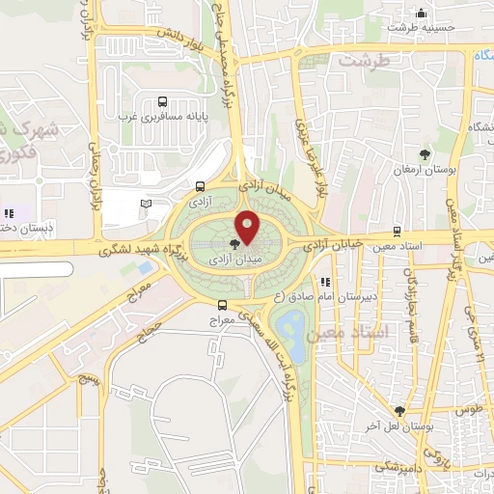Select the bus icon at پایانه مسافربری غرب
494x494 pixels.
[x=162, y=102]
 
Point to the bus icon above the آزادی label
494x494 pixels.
[x=200, y=187]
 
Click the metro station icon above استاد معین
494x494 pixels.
[x=398, y=232]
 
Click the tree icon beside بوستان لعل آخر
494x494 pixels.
[x=399, y=411]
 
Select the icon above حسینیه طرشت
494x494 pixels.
[x=421, y=13]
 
